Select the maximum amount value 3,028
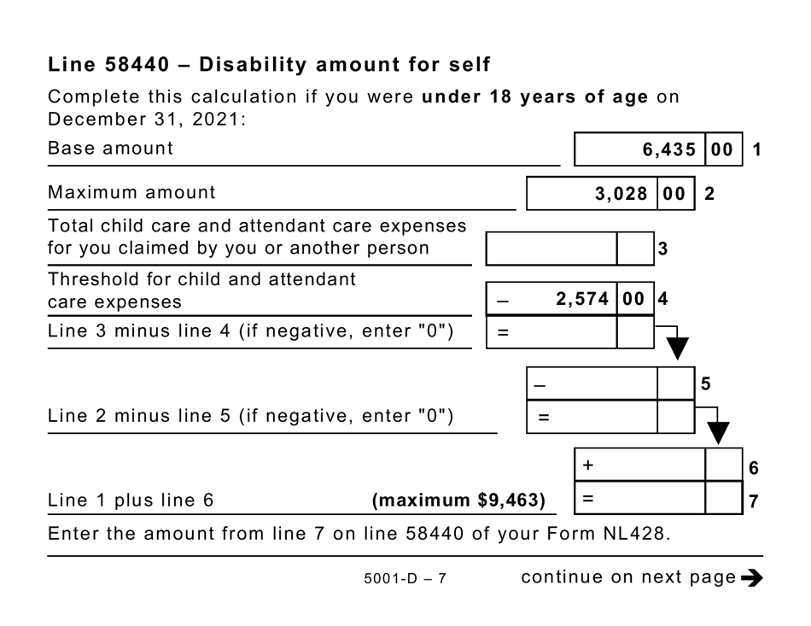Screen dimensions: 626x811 point(621,194)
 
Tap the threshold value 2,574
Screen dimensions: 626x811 point(582,299)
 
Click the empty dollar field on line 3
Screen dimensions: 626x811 point(551,249)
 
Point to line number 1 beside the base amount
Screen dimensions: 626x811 point(756,149)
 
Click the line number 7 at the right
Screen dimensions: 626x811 point(753,501)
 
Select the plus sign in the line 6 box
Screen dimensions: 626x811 point(588,465)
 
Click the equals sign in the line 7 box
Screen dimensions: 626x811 point(588,498)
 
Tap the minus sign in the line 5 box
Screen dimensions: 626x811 point(539,385)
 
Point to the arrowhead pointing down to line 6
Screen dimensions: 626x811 point(719,433)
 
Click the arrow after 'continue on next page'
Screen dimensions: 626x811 point(752,578)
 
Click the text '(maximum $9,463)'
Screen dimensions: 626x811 point(458,500)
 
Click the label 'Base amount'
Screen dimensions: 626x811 point(110,148)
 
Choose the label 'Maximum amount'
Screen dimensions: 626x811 point(131,192)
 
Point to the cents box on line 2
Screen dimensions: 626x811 point(674,194)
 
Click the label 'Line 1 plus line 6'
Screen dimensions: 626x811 point(130,500)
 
